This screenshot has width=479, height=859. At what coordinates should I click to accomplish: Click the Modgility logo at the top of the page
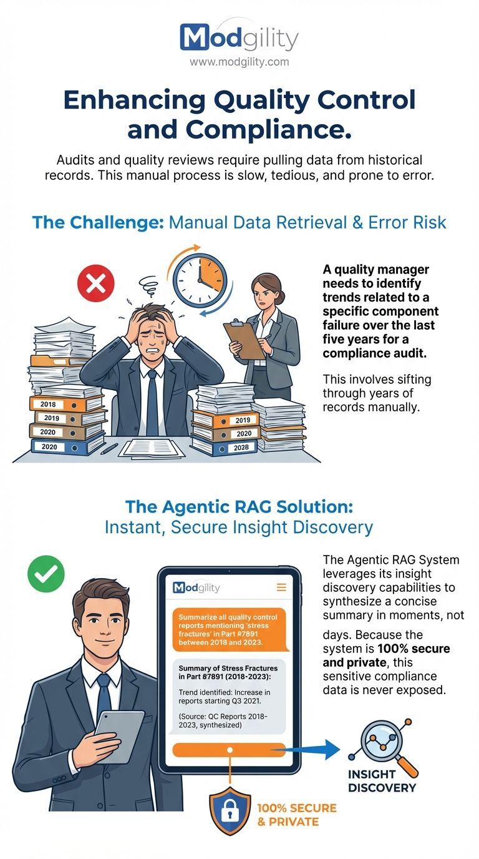pyautogui.click(x=239, y=38)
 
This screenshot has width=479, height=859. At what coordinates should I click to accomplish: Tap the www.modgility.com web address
pyautogui.click(x=239, y=62)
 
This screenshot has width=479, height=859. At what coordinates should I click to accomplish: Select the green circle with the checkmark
pyautogui.click(x=46, y=573)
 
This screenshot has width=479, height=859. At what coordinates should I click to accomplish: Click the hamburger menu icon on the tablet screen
pyautogui.click(x=281, y=587)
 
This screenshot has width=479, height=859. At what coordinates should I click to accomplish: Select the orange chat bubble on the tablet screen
pyautogui.click(x=227, y=628)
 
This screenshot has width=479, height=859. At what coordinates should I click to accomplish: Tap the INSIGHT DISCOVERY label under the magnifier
pyautogui.click(x=382, y=781)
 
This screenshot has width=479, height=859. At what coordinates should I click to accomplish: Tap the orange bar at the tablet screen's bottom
pyautogui.click(x=228, y=750)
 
